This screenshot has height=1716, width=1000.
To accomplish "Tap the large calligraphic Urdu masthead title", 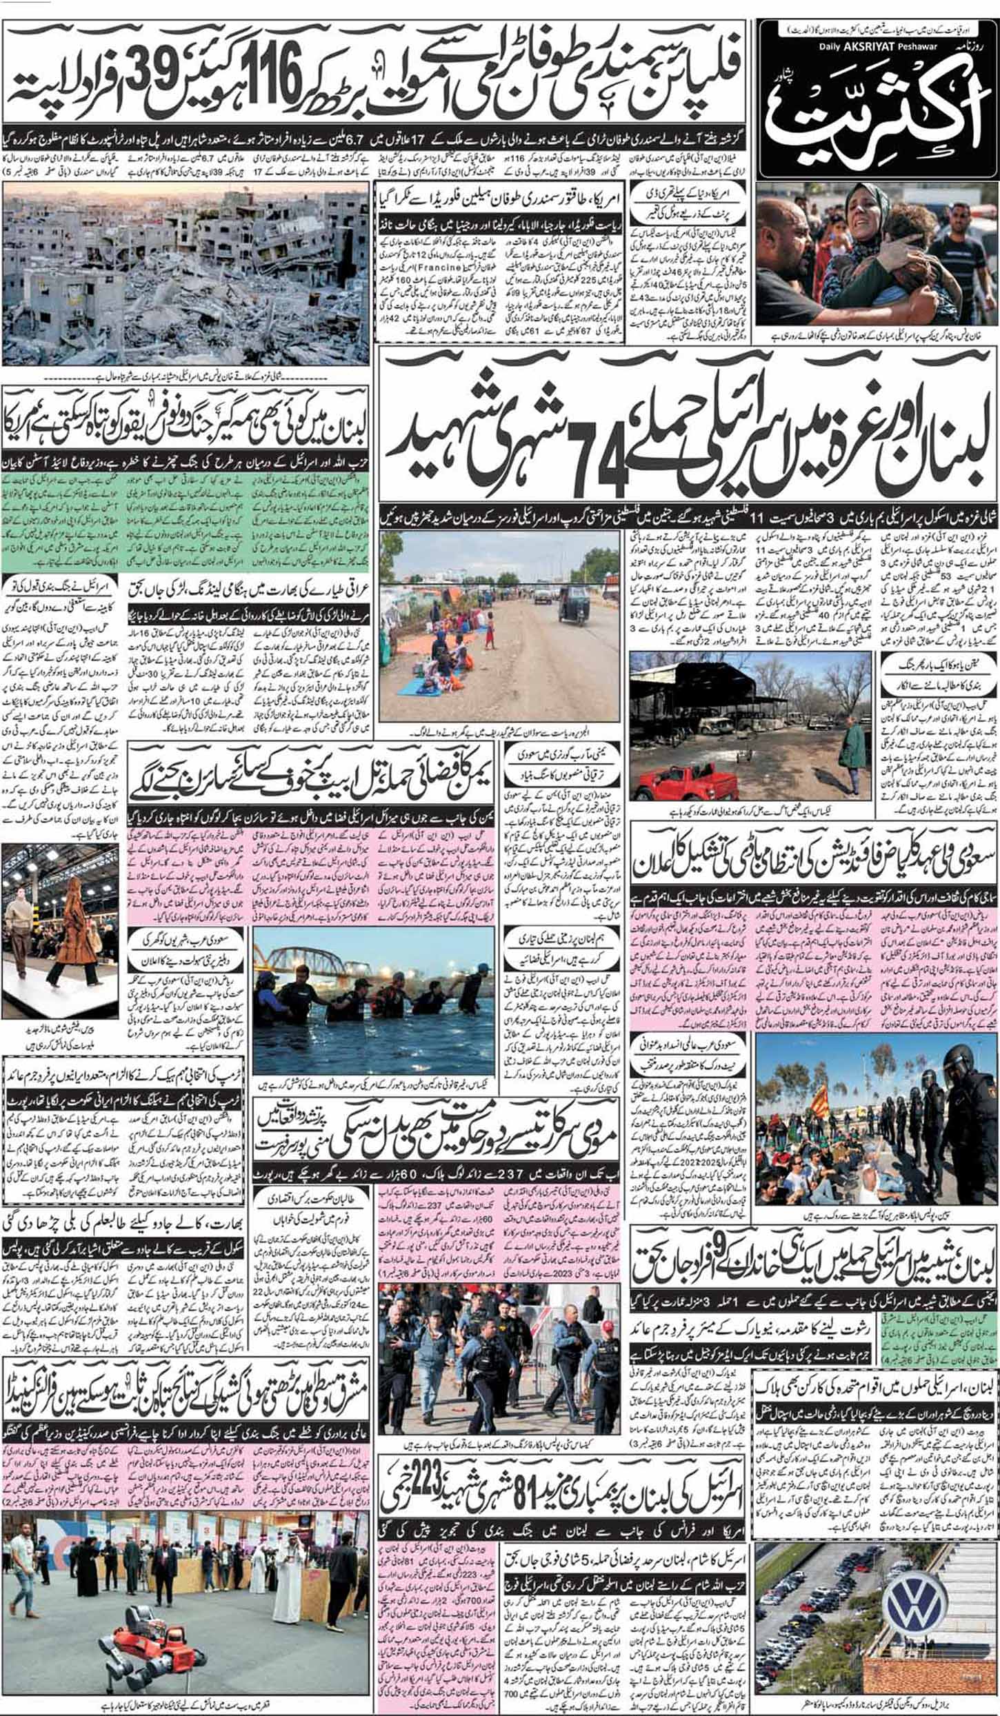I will pos(876,110).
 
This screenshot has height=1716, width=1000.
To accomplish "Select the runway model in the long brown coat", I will pos(69,923).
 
